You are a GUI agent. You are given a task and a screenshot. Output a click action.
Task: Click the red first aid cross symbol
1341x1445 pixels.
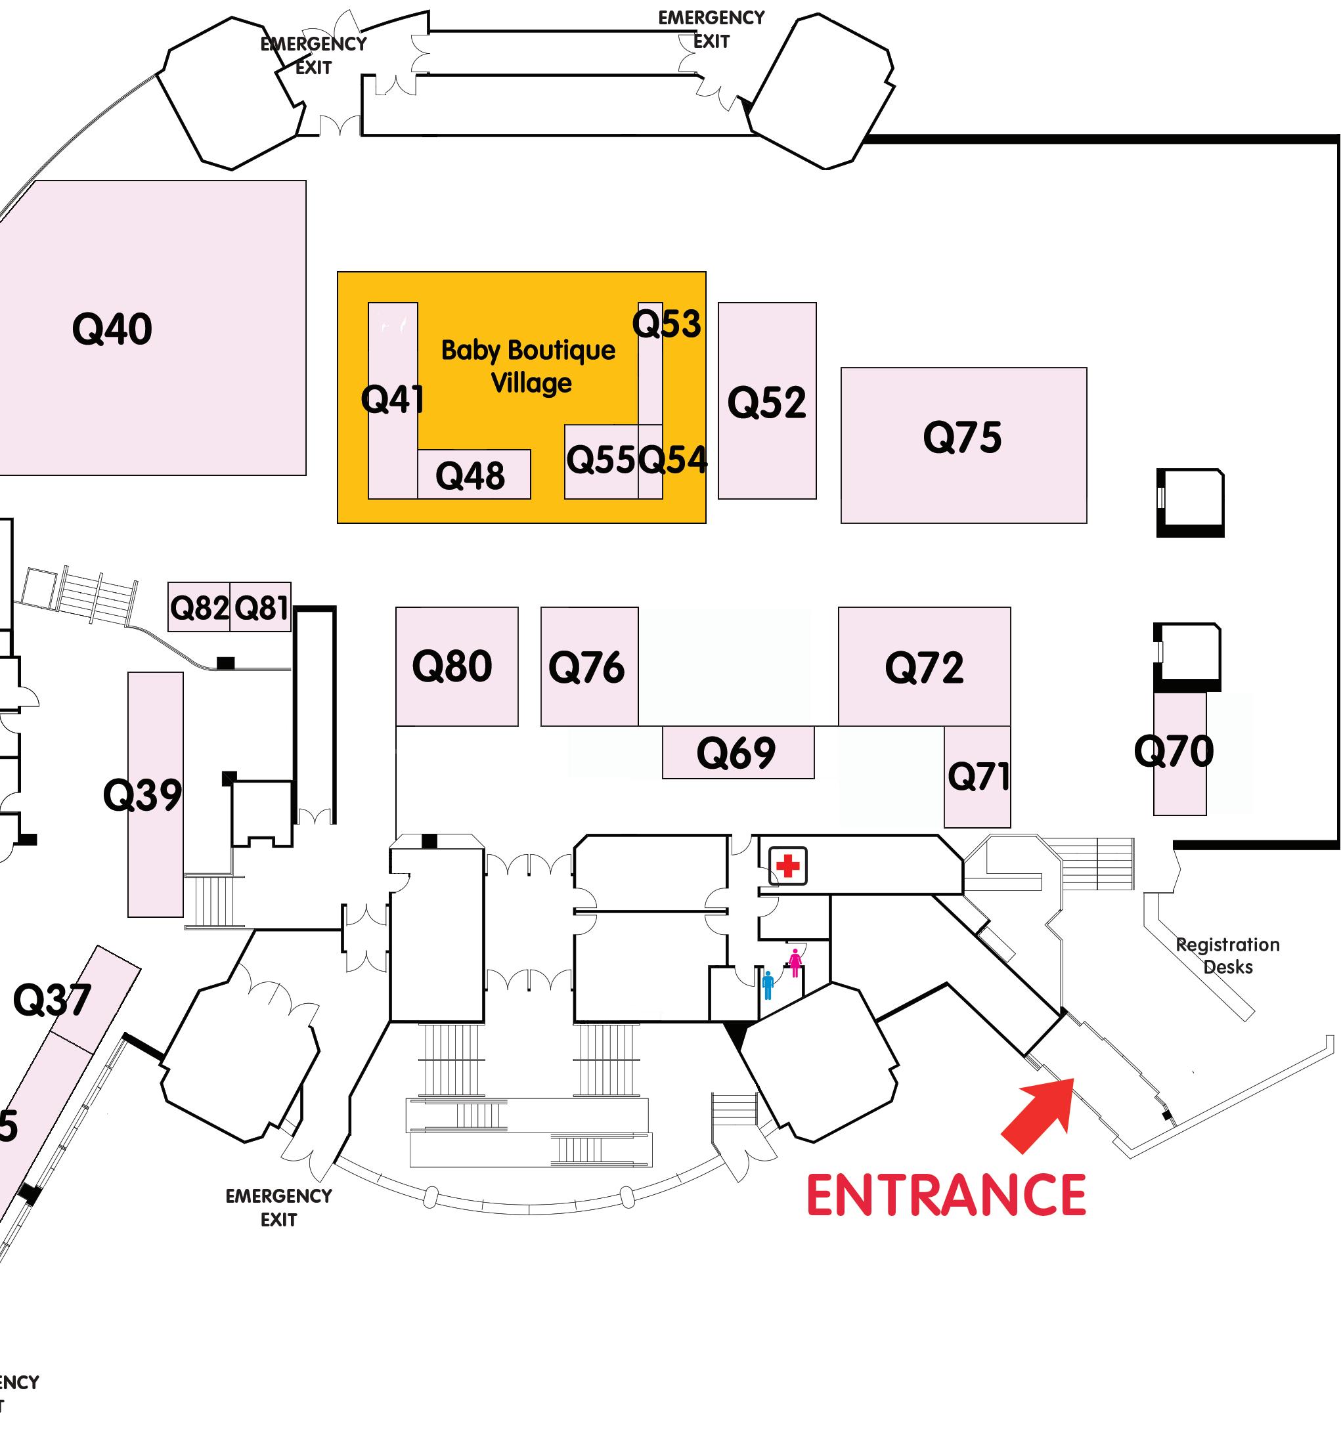[787, 865]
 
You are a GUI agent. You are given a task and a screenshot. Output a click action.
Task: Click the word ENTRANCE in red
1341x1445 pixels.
[946, 1196]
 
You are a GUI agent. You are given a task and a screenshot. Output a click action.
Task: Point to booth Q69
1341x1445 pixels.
[737, 752]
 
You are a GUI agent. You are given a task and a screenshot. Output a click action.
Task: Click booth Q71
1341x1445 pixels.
[977, 776]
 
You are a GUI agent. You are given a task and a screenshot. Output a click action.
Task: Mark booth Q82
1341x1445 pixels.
[199, 607]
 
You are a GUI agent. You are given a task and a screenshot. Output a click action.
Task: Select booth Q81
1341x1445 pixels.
[261, 607]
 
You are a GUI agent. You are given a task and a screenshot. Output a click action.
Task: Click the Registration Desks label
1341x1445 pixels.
[1228, 955]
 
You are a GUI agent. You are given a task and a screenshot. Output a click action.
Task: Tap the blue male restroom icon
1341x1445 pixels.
[768, 985]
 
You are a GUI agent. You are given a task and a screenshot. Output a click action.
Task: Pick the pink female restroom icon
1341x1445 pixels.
[795, 962]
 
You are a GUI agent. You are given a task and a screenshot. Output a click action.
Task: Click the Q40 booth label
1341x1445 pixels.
[112, 329]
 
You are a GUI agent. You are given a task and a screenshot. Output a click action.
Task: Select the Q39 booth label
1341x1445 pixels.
[143, 794]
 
